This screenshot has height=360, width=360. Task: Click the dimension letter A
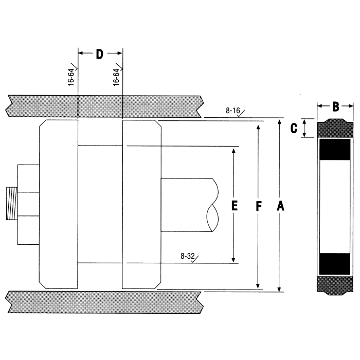[280, 206]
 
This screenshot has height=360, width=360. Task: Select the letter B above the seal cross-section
[335, 107]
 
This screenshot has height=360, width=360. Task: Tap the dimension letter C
[294, 129]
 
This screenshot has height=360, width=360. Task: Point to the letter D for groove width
[100, 53]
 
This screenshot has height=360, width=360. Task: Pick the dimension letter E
[234, 206]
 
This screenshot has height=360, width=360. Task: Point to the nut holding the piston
[28, 204]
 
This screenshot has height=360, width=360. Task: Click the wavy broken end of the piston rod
[212, 205]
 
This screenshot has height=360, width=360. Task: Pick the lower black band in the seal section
[335, 264]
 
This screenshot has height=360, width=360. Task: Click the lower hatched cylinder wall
[103, 301]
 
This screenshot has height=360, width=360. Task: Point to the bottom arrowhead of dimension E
[234, 260]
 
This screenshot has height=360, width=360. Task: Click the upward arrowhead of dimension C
[305, 121]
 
